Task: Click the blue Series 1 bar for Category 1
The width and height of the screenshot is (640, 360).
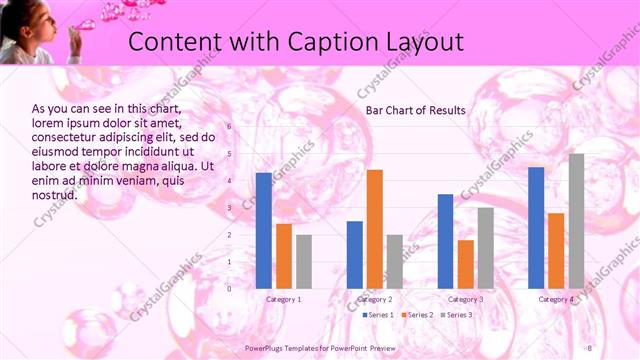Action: (x=263, y=230)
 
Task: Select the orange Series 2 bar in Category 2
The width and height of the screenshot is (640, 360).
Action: (x=375, y=229)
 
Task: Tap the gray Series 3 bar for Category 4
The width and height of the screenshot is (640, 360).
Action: (x=576, y=221)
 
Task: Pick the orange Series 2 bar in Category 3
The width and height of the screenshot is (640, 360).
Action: (x=466, y=264)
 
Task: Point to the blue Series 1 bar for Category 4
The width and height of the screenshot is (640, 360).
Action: (x=536, y=228)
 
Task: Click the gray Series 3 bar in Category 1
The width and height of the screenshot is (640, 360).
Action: (x=304, y=262)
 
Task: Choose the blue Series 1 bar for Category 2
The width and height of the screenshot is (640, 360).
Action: (x=355, y=255)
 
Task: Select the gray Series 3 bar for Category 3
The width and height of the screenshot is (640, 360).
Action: (x=486, y=248)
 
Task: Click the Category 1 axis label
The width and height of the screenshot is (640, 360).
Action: (x=284, y=299)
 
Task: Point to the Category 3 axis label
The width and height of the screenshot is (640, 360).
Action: (x=466, y=299)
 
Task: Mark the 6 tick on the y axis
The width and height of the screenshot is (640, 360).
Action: (x=229, y=127)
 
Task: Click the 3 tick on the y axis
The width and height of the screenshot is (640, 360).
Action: (x=229, y=208)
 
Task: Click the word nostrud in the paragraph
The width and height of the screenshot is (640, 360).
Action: (x=54, y=195)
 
